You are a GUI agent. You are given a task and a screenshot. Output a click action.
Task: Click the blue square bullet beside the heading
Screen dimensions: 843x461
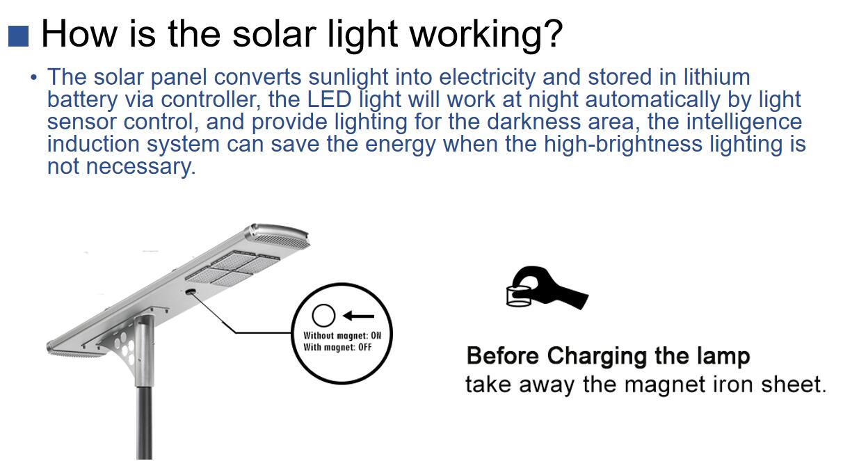(x=19, y=36)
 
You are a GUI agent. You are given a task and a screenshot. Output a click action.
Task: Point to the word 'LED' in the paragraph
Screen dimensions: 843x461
(x=329, y=99)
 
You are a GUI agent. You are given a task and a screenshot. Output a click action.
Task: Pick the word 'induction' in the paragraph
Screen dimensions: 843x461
(x=93, y=144)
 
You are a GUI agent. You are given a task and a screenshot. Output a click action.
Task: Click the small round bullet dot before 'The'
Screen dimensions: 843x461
(x=34, y=78)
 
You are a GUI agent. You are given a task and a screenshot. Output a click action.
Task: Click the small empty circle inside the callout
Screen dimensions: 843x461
(x=323, y=315)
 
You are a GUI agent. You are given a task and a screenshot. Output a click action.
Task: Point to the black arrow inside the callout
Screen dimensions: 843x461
(x=359, y=316)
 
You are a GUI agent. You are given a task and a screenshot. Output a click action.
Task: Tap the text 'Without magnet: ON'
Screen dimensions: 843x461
(x=342, y=335)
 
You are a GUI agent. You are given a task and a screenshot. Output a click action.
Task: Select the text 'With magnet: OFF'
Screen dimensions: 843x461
(x=337, y=347)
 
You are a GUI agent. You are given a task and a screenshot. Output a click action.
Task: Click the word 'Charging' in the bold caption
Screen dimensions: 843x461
(x=597, y=355)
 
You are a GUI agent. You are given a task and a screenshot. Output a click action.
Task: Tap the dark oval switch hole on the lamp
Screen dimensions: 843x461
(x=190, y=291)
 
